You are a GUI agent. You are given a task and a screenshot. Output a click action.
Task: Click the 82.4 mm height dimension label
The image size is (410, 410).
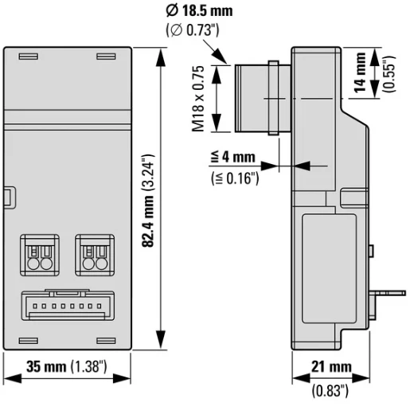(148, 221)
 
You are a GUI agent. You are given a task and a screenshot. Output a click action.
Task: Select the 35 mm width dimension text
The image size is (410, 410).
(46, 367)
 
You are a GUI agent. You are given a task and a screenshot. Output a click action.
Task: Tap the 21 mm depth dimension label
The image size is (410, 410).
(331, 367)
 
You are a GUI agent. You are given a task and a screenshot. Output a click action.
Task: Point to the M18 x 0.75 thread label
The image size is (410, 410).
(198, 99)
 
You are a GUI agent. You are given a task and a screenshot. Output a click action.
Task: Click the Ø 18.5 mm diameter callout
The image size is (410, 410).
(199, 11)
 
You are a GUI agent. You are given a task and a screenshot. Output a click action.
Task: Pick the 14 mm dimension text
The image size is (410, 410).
(360, 72)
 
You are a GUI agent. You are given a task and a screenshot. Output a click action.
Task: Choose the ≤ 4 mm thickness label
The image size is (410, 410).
(232, 157)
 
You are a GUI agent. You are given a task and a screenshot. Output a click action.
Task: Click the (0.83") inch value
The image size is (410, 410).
(330, 390)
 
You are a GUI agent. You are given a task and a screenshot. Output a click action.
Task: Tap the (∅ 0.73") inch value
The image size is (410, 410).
(193, 30)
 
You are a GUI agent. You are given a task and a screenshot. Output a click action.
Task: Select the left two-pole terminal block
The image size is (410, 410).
(40, 255)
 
